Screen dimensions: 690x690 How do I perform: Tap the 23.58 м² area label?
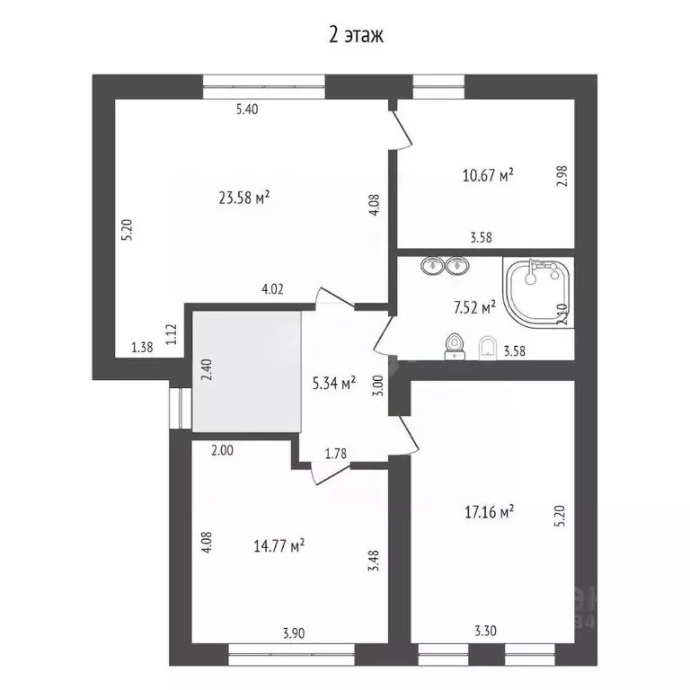(x=244, y=197)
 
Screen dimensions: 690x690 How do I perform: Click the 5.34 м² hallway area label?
(x=332, y=383)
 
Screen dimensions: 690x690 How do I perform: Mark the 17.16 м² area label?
(x=488, y=512)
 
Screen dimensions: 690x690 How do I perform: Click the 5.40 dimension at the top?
(x=246, y=110)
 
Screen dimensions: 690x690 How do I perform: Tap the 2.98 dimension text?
(x=562, y=175)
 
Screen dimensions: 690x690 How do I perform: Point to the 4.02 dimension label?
(x=272, y=289)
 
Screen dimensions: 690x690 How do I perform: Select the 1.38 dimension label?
(x=142, y=347)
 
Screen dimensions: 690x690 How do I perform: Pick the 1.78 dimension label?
(x=337, y=453)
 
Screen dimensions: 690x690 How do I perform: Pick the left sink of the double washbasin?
(x=429, y=265)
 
